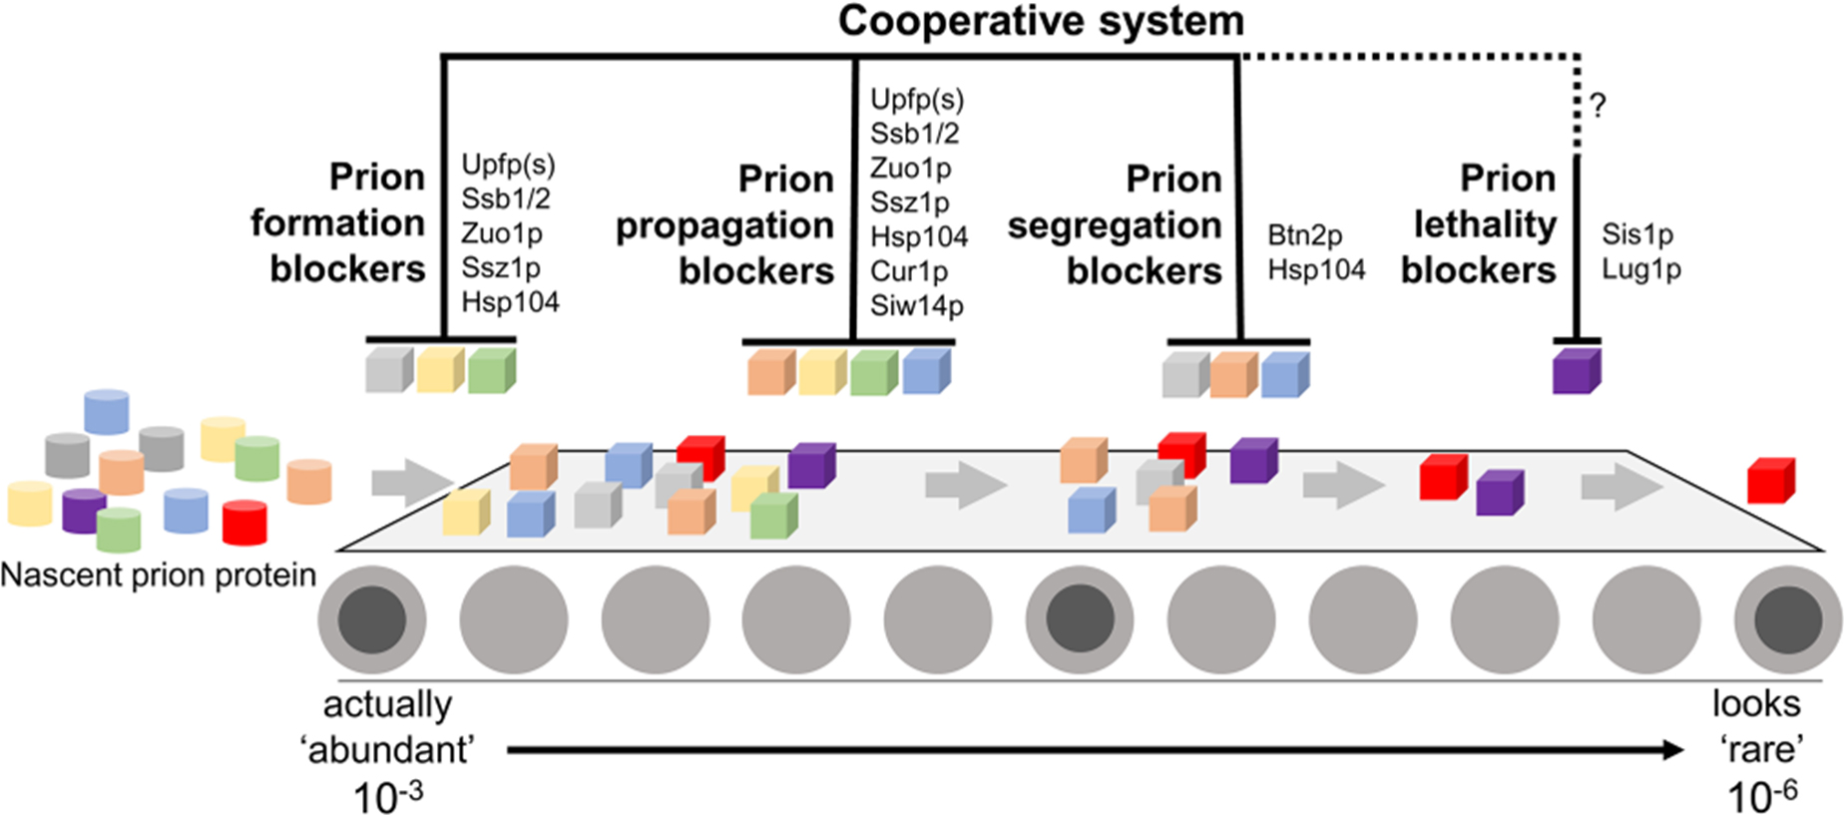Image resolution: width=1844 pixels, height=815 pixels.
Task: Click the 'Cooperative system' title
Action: [x=1041, y=21]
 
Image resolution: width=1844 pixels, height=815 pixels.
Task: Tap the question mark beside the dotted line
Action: [x=1598, y=106]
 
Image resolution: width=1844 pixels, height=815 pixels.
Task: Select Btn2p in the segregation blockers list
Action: [x=1304, y=235]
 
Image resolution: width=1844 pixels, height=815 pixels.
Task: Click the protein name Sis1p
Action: [x=1636, y=234]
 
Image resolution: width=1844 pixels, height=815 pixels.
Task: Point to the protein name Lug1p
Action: [x=1640, y=269]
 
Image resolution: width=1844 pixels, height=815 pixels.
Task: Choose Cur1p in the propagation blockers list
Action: [x=908, y=271]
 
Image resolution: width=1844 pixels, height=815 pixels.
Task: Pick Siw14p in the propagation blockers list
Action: [x=916, y=305]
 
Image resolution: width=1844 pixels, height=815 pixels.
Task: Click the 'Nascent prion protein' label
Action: [x=158, y=576]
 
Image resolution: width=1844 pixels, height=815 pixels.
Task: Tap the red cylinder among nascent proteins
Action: [x=244, y=522]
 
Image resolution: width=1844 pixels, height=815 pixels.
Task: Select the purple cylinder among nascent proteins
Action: [x=84, y=510]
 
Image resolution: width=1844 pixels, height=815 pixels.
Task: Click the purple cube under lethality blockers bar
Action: [x=1576, y=371]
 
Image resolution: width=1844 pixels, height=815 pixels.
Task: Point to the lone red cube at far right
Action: [x=1770, y=481]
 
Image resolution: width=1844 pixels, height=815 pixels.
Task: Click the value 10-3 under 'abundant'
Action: [x=387, y=797]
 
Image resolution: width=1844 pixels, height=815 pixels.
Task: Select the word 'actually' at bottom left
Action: [x=387, y=704]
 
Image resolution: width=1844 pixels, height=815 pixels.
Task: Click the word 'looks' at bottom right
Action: [x=1756, y=704]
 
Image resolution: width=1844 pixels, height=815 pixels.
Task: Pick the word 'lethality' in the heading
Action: [x=1485, y=225]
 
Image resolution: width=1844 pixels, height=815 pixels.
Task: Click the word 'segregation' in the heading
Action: [x=1114, y=226]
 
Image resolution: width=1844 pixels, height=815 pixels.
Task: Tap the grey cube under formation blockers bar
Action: [x=388, y=369]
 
